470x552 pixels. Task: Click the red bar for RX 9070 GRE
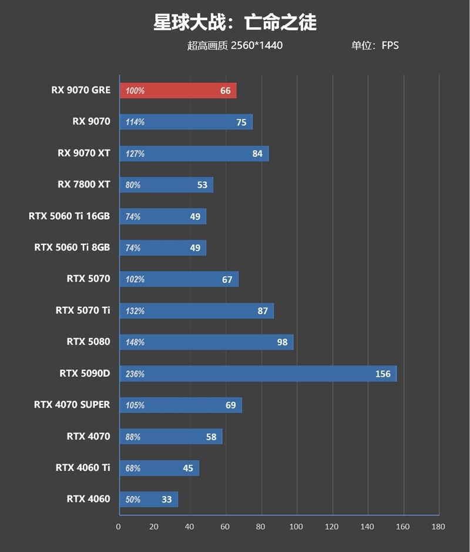[x=177, y=91]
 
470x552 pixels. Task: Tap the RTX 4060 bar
[x=148, y=500]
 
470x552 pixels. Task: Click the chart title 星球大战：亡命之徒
[x=235, y=22]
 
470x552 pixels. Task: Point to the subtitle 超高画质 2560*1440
[x=235, y=45]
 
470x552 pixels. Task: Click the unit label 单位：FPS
[x=375, y=45]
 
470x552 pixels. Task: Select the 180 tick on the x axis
[x=438, y=527]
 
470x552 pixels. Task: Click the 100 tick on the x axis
[x=296, y=527]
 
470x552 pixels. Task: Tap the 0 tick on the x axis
[x=119, y=527]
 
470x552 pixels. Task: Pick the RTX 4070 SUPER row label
[x=72, y=404]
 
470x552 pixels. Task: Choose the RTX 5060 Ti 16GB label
[x=69, y=216]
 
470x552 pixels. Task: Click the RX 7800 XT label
[x=83, y=185]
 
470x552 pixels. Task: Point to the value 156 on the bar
[x=382, y=374]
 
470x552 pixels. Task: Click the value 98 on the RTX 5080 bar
[x=282, y=342]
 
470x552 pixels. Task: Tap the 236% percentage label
[x=135, y=374]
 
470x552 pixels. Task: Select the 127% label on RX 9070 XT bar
[x=135, y=153]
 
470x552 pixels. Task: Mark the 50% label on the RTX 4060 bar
[x=133, y=500]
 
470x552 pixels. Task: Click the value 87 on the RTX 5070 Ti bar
[x=263, y=311]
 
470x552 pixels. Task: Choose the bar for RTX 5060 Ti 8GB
[x=162, y=248]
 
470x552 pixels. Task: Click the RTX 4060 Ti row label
[x=83, y=467]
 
